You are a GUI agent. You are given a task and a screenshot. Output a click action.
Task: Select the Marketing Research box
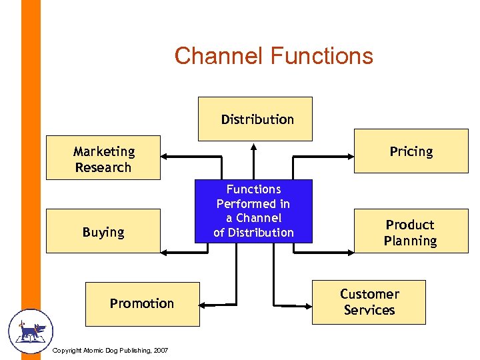(103, 159)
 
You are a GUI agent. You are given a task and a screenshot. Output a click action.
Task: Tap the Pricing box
(411, 151)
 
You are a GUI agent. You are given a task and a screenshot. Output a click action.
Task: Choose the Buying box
(103, 231)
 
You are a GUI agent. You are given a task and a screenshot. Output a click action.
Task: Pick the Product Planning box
(411, 232)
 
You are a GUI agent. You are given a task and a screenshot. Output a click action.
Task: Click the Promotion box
(142, 303)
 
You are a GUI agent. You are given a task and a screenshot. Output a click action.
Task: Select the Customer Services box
(369, 302)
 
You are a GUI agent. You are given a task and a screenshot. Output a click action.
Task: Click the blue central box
(253, 211)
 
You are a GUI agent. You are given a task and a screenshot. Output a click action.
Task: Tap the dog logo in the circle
(31, 331)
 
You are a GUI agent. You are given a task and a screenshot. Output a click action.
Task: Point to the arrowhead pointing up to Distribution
(253, 147)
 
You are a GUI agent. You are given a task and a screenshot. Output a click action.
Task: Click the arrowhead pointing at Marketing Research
(166, 157)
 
